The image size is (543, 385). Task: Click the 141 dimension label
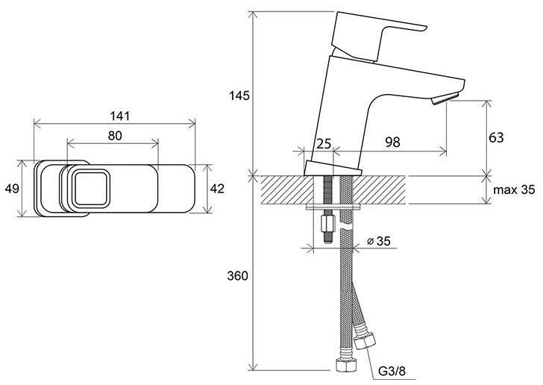tap(120, 116)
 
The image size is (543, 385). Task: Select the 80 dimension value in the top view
tap(115, 136)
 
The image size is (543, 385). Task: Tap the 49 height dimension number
tap(12, 189)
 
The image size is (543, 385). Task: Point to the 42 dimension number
tap(217, 189)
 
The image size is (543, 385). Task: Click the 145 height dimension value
tap(239, 96)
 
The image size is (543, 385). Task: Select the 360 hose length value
tap(237, 276)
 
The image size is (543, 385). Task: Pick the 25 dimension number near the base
tap(324, 143)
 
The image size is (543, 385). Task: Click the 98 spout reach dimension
tap(392, 142)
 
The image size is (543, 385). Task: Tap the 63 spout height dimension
tap(496, 137)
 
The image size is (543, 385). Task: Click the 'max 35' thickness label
tap(514, 190)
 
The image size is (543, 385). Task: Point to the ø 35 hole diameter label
tap(378, 241)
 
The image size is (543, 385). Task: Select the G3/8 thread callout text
tap(392, 372)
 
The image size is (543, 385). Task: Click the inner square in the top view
tap(91, 189)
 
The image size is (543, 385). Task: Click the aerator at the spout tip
tap(445, 98)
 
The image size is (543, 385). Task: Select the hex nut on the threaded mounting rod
tap(327, 224)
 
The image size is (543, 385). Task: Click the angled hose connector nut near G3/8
tap(365, 341)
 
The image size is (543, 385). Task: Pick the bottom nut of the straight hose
tap(346, 365)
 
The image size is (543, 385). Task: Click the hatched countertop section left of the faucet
tap(286, 190)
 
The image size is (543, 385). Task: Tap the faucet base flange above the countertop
tap(333, 169)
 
